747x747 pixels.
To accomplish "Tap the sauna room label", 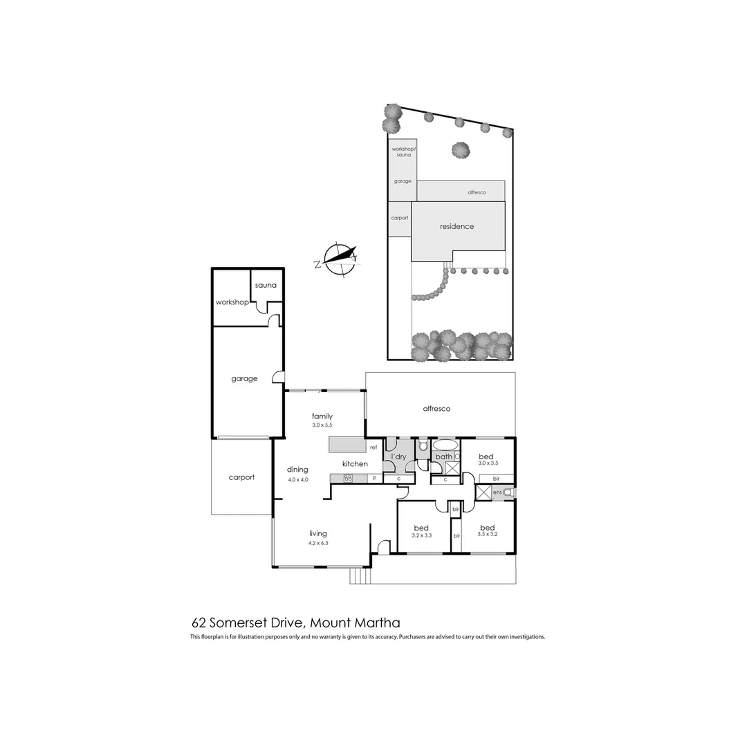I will click(266, 286).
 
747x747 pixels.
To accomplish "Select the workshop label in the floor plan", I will click(232, 302).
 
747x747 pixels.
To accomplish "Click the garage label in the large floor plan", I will click(244, 379).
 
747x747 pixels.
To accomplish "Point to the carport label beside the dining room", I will click(241, 477).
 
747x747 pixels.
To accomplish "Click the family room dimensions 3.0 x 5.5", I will click(322, 425).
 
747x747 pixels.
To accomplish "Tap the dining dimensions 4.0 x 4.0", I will click(297, 479).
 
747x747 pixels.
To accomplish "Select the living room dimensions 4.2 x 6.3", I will click(318, 543).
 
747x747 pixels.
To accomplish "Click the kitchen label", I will click(355, 463).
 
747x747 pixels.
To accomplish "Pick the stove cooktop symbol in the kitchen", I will click(348, 478).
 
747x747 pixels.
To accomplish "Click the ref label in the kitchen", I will click(373, 448).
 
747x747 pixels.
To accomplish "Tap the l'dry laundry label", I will click(398, 457).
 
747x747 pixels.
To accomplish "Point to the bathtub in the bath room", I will click(445, 445).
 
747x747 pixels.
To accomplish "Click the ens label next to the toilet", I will click(497, 492).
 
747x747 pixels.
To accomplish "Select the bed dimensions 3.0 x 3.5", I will click(488, 463).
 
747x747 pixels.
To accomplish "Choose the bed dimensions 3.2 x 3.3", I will click(421, 535).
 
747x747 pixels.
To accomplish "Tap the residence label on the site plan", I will click(456, 226).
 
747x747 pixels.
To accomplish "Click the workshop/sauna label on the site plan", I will click(402, 152).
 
